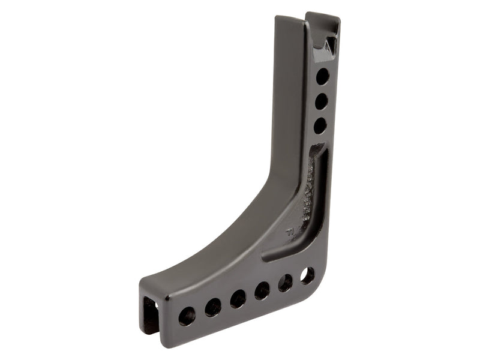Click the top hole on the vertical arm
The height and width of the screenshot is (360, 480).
[322, 76]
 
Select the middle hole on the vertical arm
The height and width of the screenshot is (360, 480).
[321, 101]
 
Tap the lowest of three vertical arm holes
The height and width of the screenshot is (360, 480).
[320, 125]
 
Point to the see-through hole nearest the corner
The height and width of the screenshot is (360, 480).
[307, 275]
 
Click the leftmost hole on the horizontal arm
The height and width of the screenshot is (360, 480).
[187, 316]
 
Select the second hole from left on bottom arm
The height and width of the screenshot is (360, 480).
[213, 307]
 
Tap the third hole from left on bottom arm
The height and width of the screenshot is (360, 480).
[238, 298]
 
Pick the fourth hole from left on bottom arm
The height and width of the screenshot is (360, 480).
[262, 290]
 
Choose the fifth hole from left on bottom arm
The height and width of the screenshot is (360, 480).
[286, 283]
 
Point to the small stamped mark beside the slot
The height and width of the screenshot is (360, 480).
[290, 230]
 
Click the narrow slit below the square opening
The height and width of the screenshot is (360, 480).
[147, 336]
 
